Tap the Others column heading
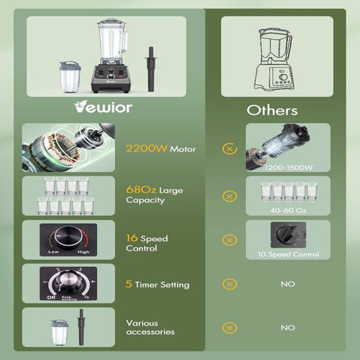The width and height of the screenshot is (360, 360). point(272,110)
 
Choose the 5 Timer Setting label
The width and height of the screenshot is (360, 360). point(158,284)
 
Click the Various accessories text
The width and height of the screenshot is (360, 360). point(150,328)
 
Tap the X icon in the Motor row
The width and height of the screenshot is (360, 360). point(229,149)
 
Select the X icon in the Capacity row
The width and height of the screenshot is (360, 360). point(229,196)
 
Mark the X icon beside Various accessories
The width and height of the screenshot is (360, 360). point(229,327)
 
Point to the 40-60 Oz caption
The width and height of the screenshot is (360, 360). point(288,210)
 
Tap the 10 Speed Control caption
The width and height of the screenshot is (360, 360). point(288,254)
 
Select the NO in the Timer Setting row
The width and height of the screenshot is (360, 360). point(288,284)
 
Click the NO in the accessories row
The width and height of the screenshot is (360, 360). point(288,327)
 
